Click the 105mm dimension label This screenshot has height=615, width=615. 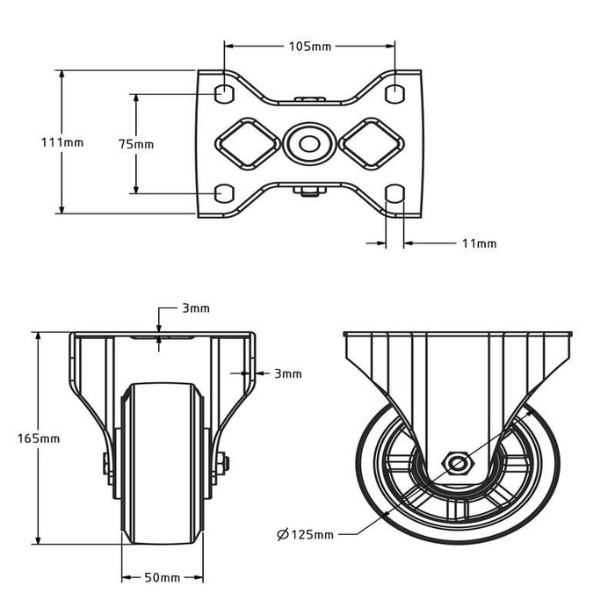(310, 46)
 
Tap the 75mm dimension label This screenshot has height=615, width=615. (136, 143)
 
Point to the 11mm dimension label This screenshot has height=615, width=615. (479, 243)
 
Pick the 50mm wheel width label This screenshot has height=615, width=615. (163, 577)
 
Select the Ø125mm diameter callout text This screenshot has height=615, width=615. (305, 534)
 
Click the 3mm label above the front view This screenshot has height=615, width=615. (195, 308)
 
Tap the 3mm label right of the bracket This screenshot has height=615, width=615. (288, 373)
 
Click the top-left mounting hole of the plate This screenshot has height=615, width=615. (224, 91)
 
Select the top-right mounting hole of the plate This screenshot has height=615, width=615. (395, 91)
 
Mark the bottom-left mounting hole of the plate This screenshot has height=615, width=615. (224, 192)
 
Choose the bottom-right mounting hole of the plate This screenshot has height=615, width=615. (395, 192)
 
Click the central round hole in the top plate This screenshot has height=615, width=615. (307, 142)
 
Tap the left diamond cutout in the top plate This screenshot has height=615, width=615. (245, 142)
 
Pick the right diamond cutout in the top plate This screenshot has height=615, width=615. (371, 142)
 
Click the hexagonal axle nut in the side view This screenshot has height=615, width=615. (456, 462)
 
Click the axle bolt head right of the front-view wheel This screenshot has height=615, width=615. (224, 463)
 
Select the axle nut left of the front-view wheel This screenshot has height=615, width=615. (106, 463)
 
